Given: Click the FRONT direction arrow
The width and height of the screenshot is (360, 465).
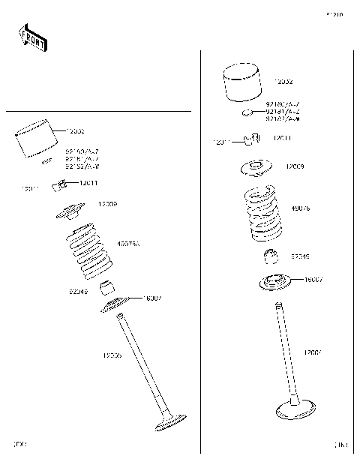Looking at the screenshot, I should pyautogui.click(x=31, y=37).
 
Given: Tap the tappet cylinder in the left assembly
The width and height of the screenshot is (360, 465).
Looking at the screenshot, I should pyautogui.click(x=37, y=140).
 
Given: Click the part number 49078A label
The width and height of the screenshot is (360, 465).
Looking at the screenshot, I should pyautogui.click(x=128, y=244).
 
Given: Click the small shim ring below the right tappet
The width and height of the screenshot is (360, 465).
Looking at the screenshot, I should pyautogui.click(x=244, y=112).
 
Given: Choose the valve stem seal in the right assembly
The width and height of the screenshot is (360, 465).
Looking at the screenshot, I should pyautogui.click(x=272, y=257).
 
